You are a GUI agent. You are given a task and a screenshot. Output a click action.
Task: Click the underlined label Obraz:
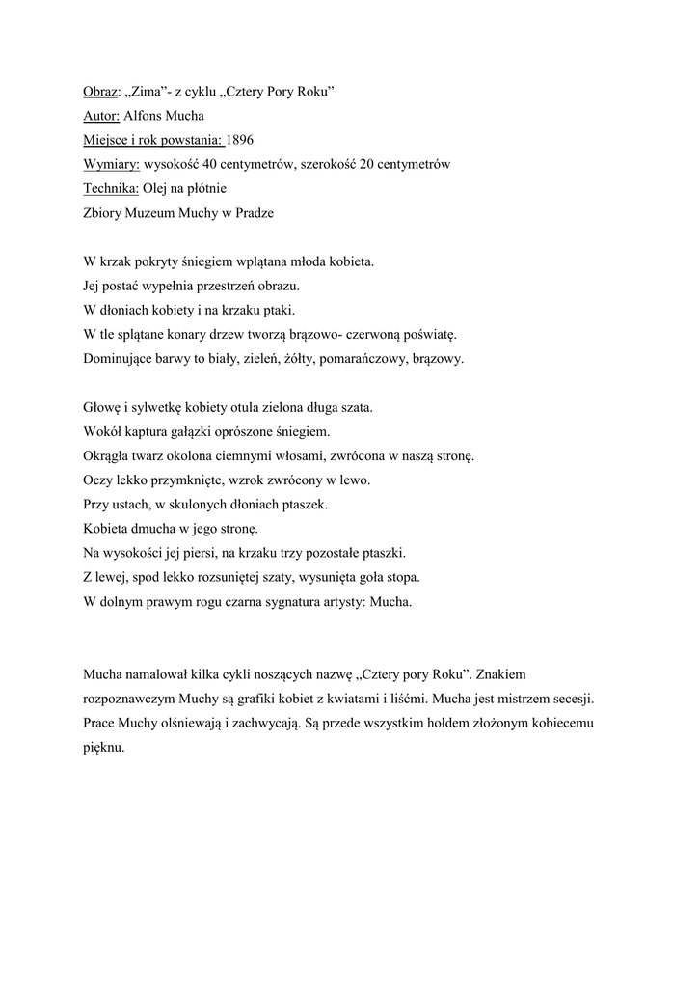(x=100, y=92)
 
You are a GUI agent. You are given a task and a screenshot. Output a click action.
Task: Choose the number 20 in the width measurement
(x=370, y=164)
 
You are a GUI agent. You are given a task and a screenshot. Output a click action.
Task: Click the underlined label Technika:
(x=111, y=189)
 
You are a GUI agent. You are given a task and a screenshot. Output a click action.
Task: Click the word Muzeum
(x=151, y=213)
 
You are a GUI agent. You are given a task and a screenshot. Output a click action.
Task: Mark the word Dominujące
(x=118, y=359)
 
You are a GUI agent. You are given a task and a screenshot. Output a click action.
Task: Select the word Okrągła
(x=109, y=456)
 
